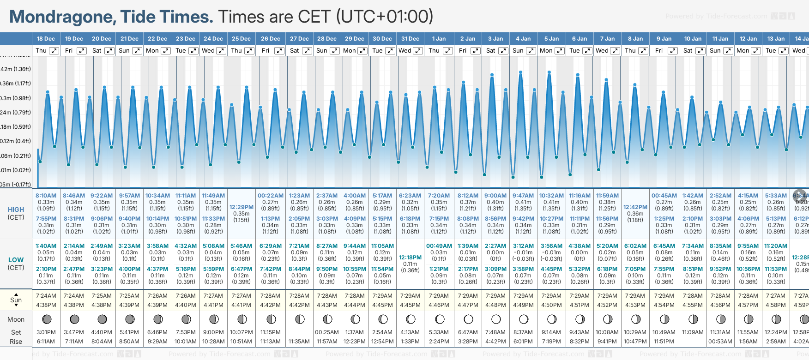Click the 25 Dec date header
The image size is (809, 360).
click(241, 39)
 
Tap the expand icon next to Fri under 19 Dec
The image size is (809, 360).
click(81, 51)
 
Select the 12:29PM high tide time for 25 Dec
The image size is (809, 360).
click(241, 207)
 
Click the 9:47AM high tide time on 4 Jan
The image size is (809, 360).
click(523, 196)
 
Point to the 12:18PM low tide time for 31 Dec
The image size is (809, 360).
click(410, 258)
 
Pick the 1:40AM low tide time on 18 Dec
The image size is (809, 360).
click(46, 246)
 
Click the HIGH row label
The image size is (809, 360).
click(16, 210)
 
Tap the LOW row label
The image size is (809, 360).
click(16, 260)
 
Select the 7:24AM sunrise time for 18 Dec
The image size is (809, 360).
click(46, 296)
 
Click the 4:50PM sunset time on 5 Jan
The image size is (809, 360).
click(551, 305)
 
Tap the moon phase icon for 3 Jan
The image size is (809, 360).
click(496, 319)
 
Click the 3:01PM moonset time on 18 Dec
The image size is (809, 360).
click(46, 332)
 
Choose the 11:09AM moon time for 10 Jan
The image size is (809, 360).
click(693, 332)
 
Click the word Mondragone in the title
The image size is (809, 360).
click(62, 17)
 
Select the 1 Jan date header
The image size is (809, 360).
click(439, 39)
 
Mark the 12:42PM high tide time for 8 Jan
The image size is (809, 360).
click(635, 207)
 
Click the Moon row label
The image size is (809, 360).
click(16, 319)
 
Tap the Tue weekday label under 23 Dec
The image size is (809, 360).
click(181, 51)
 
